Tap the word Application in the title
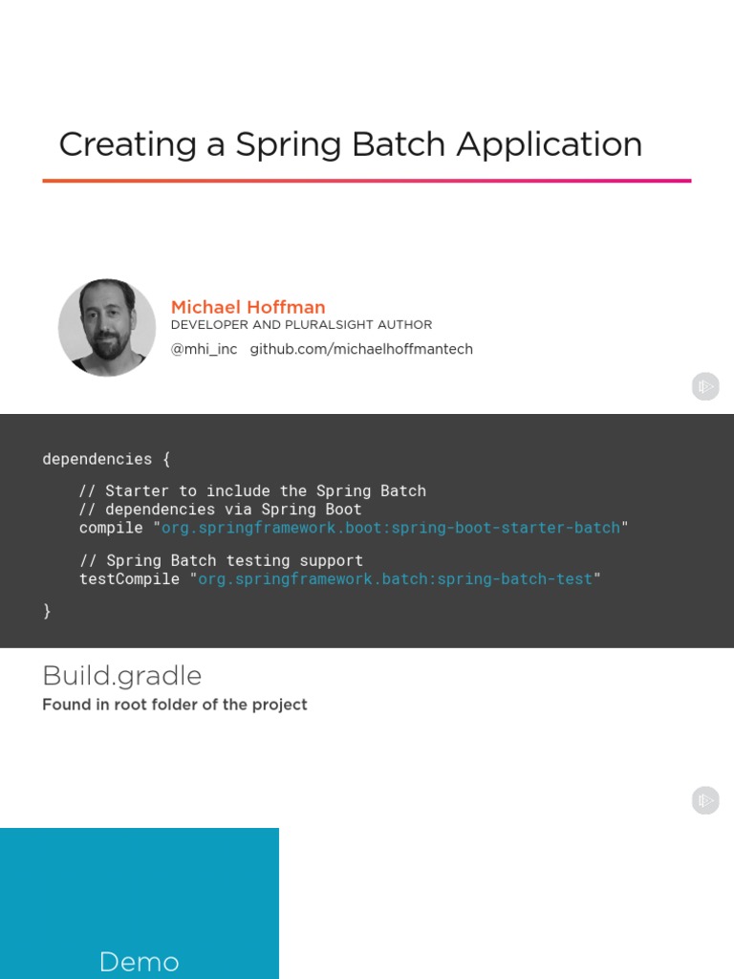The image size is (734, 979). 549,144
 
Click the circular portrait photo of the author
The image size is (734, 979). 107,327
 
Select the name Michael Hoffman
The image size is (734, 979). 248,307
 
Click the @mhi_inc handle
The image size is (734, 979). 204,349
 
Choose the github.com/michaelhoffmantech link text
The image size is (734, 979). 361,349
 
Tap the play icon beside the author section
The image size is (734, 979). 705,386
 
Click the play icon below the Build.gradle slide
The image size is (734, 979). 705,800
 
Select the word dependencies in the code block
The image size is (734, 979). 97,459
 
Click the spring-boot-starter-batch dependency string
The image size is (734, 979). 391,528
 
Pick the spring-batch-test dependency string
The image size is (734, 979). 395,578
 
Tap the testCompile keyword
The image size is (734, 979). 129,578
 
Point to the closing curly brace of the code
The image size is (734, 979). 47,611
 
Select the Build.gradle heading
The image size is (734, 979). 122,676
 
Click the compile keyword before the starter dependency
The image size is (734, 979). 111,528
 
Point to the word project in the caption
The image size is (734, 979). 280,705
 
